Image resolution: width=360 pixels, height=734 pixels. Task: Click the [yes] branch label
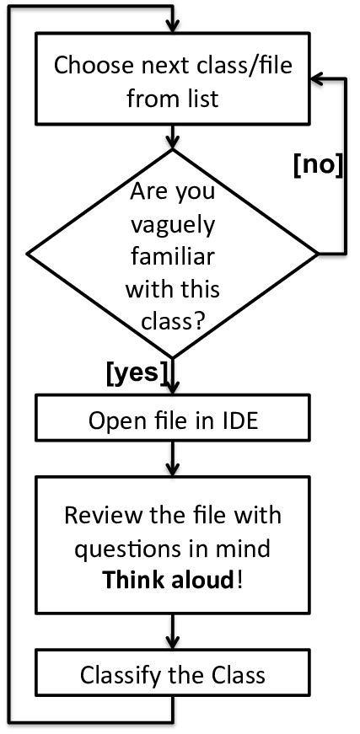tap(137, 372)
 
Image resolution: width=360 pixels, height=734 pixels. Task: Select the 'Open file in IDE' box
tap(173, 421)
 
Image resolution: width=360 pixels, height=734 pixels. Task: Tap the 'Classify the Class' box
tap(173, 674)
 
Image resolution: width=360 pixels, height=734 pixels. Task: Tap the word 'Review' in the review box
tap(102, 516)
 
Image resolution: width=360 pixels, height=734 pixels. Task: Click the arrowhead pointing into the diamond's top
tap(173, 141)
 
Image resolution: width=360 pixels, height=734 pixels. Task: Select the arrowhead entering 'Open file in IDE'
tap(173, 389)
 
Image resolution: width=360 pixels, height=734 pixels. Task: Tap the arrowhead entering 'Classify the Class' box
tap(173, 645)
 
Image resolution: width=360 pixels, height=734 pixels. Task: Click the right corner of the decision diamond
tap(317, 253)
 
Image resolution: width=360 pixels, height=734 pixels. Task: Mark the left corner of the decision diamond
tap(29, 253)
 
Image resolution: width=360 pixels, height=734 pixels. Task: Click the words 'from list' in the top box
tap(172, 98)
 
